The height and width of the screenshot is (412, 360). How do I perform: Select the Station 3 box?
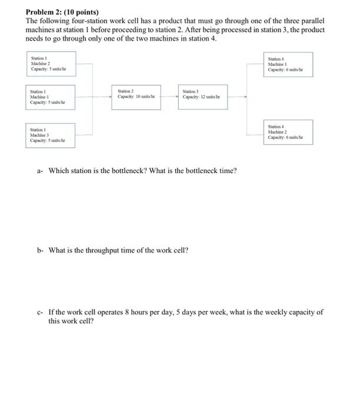click(203, 97)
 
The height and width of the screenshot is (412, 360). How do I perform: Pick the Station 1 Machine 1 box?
click(51, 97)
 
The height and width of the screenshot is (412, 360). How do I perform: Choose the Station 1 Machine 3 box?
click(51, 135)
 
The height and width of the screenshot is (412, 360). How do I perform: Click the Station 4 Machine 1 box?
click(288, 64)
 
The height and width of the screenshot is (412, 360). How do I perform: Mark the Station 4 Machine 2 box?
click(288, 132)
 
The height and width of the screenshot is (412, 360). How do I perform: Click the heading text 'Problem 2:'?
click(44, 12)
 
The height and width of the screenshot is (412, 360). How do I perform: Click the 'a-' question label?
click(40, 171)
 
